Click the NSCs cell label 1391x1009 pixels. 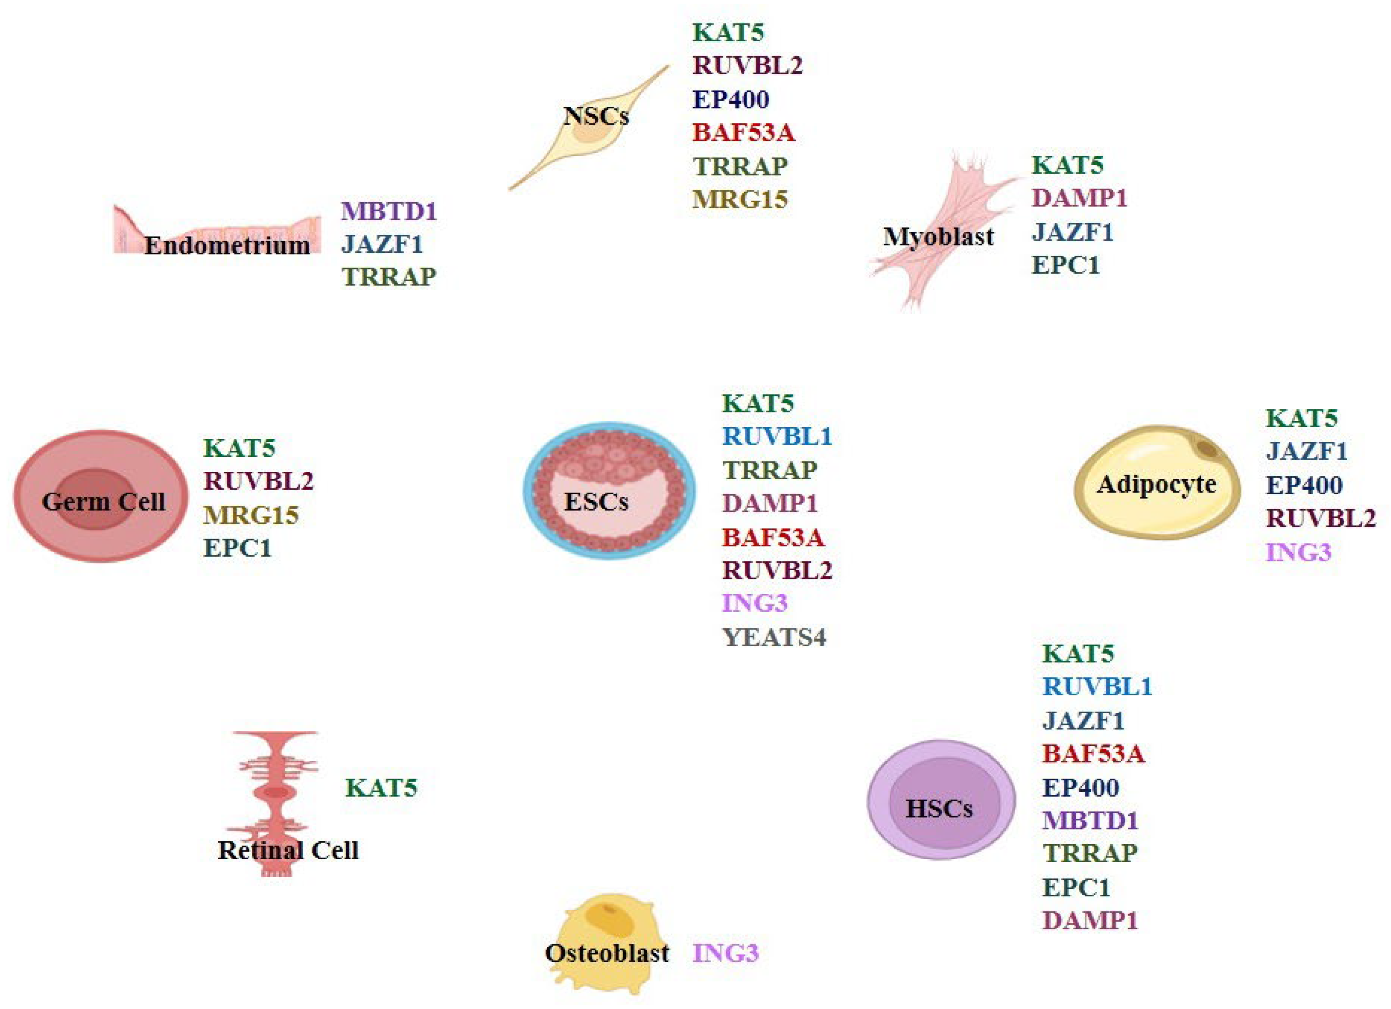[x=596, y=116]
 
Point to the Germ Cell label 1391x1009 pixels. [x=103, y=502]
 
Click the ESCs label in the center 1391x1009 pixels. [x=596, y=502]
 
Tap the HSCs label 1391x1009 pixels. [x=939, y=808]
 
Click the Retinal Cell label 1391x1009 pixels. [x=288, y=850]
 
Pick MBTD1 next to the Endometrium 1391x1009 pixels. [x=389, y=211]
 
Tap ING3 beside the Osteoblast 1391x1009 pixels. [x=726, y=953]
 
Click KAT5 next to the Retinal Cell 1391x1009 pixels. [x=381, y=788]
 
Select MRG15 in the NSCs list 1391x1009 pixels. [x=740, y=200]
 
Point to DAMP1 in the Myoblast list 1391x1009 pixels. [x=1079, y=198]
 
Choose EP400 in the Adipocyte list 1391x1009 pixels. [x=1304, y=485]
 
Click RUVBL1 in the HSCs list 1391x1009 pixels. [x=1097, y=687]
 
